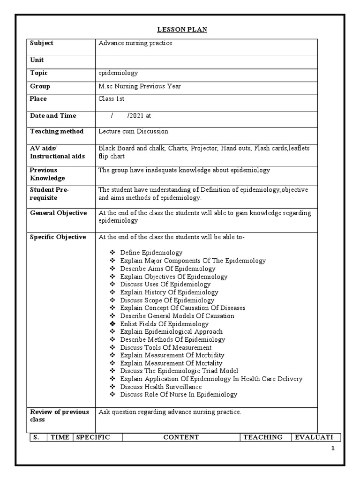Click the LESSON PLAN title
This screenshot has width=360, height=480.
tap(181, 30)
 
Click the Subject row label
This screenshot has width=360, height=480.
tap(42, 43)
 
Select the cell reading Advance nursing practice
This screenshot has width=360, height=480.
tap(135, 43)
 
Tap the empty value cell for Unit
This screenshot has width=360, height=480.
tap(206, 60)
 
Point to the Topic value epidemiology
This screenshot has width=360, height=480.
tap(118, 73)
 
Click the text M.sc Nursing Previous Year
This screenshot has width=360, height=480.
tap(139, 86)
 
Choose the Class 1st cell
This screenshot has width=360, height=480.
tap(111, 99)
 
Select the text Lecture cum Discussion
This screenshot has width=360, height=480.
tap(133, 132)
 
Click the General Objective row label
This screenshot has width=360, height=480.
tap(58, 213)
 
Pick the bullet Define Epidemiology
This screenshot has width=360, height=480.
tap(151, 253)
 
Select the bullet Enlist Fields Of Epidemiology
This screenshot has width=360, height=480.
tap(164, 324)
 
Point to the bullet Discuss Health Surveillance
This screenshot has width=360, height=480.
tap(161, 387)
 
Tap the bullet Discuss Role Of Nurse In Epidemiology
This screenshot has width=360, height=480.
tap(179, 395)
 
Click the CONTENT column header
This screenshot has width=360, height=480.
tap(181, 437)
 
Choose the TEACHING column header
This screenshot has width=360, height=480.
tap(265, 437)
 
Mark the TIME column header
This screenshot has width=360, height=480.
tap(60, 437)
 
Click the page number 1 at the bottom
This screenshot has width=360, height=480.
tap(333, 449)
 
